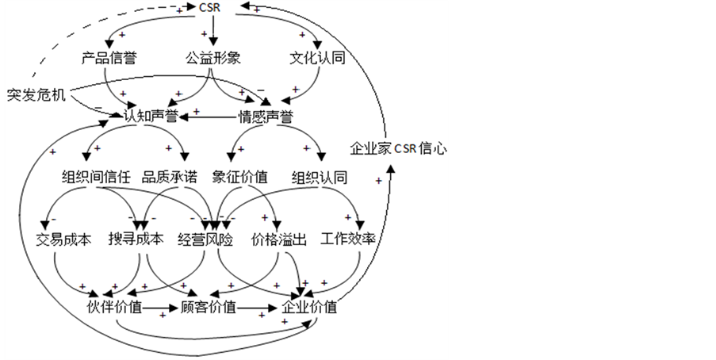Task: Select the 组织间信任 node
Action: click(96, 177)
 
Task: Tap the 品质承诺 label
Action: click(169, 177)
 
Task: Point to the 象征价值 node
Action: click(239, 177)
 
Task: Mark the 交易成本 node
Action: click(64, 239)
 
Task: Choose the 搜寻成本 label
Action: click(136, 239)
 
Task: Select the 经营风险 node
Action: click(205, 239)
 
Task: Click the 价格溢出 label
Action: click(278, 239)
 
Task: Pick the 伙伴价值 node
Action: click(116, 307)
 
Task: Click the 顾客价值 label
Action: click(209, 307)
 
